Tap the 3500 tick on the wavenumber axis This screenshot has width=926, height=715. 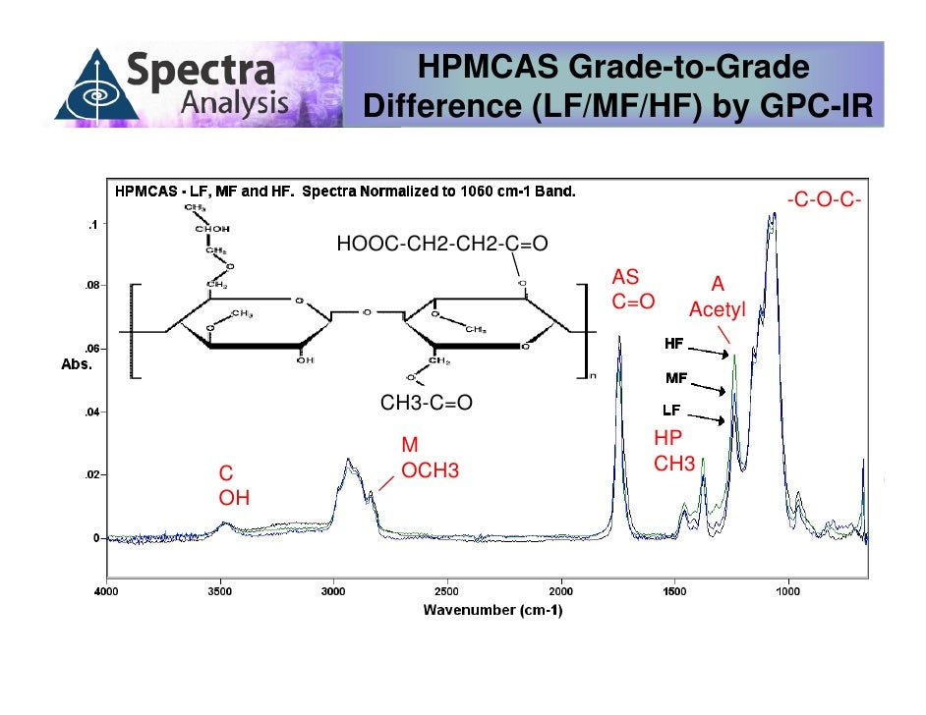coord(220,592)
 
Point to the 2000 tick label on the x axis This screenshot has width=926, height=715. coord(560,592)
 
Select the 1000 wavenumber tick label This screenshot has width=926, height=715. coord(786,592)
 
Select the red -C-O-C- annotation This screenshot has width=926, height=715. coord(824,201)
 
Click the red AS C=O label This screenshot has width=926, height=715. coord(633,289)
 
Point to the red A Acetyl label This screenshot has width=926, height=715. coord(718,297)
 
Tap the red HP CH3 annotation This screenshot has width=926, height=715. coord(674,451)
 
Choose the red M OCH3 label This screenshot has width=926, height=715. coord(430,460)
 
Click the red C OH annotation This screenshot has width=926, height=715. coord(233,485)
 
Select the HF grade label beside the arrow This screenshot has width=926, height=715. coord(675,345)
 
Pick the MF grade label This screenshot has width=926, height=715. coord(676,377)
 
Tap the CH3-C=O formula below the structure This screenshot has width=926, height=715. coord(427,404)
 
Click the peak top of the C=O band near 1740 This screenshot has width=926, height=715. coord(619,337)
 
